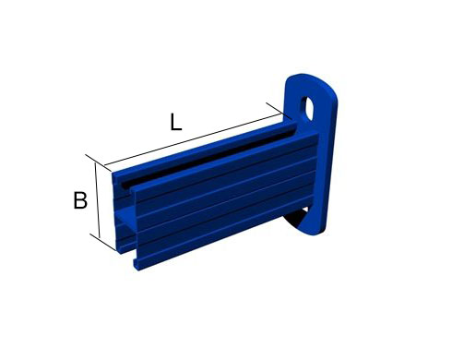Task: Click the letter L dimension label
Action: [x=176, y=122]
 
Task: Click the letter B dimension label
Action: [x=80, y=200]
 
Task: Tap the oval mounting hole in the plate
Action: [x=307, y=108]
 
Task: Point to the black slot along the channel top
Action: [x=208, y=159]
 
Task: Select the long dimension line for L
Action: [x=193, y=139]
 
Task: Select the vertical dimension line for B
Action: [x=97, y=200]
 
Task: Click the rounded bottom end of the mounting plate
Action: [x=311, y=230]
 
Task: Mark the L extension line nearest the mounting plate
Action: [x=279, y=111]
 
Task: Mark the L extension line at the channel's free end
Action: [x=99, y=163]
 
